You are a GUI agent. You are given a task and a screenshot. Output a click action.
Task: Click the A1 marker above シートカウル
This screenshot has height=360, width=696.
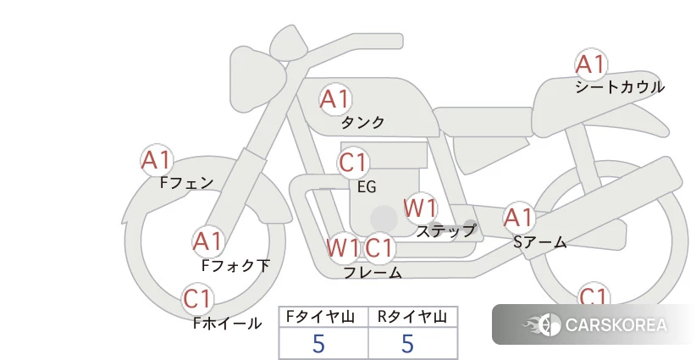click(x=591, y=64)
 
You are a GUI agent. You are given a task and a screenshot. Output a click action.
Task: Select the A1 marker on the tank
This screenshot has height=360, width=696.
click(x=335, y=99)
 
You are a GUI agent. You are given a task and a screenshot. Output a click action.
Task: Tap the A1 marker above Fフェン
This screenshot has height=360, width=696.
click(x=157, y=160)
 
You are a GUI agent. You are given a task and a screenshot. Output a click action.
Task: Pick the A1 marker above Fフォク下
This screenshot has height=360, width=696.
click(x=207, y=242)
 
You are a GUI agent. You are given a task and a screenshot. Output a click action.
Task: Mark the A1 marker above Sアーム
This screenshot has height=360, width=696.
click(x=518, y=218)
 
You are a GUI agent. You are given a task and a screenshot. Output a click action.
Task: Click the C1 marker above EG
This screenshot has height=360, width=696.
click(x=353, y=163)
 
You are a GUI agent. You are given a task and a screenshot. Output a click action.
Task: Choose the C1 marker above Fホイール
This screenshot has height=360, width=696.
click(x=197, y=299)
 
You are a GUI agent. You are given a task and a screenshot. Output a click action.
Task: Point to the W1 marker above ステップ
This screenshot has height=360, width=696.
click(x=420, y=208)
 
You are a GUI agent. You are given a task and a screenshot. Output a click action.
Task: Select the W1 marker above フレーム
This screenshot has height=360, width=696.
click(x=343, y=247)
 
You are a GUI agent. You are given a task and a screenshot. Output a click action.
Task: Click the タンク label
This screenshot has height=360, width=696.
click(x=362, y=123)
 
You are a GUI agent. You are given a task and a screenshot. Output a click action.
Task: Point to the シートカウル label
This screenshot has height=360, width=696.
click(x=620, y=87)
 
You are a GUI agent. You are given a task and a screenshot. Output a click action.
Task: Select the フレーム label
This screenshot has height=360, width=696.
click(x=373, y=272)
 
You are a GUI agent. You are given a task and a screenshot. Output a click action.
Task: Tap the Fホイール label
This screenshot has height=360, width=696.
click(x=227, y=324)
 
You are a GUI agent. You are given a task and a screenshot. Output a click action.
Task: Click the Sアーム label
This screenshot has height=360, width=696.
click(x=540, y=242)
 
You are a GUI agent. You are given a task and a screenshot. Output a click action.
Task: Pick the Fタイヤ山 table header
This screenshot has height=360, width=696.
click(x=320, y=317)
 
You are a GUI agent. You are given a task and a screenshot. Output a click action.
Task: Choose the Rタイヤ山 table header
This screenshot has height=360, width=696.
click(x=412, y=317)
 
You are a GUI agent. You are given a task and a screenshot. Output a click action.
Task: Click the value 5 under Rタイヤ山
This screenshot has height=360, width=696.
click(x=407, y=344)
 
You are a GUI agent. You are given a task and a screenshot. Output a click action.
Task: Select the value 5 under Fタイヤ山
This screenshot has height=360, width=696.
click(x=318, y=344)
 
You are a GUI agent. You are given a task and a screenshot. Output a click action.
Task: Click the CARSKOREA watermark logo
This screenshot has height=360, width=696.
click(x=594, y=324)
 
